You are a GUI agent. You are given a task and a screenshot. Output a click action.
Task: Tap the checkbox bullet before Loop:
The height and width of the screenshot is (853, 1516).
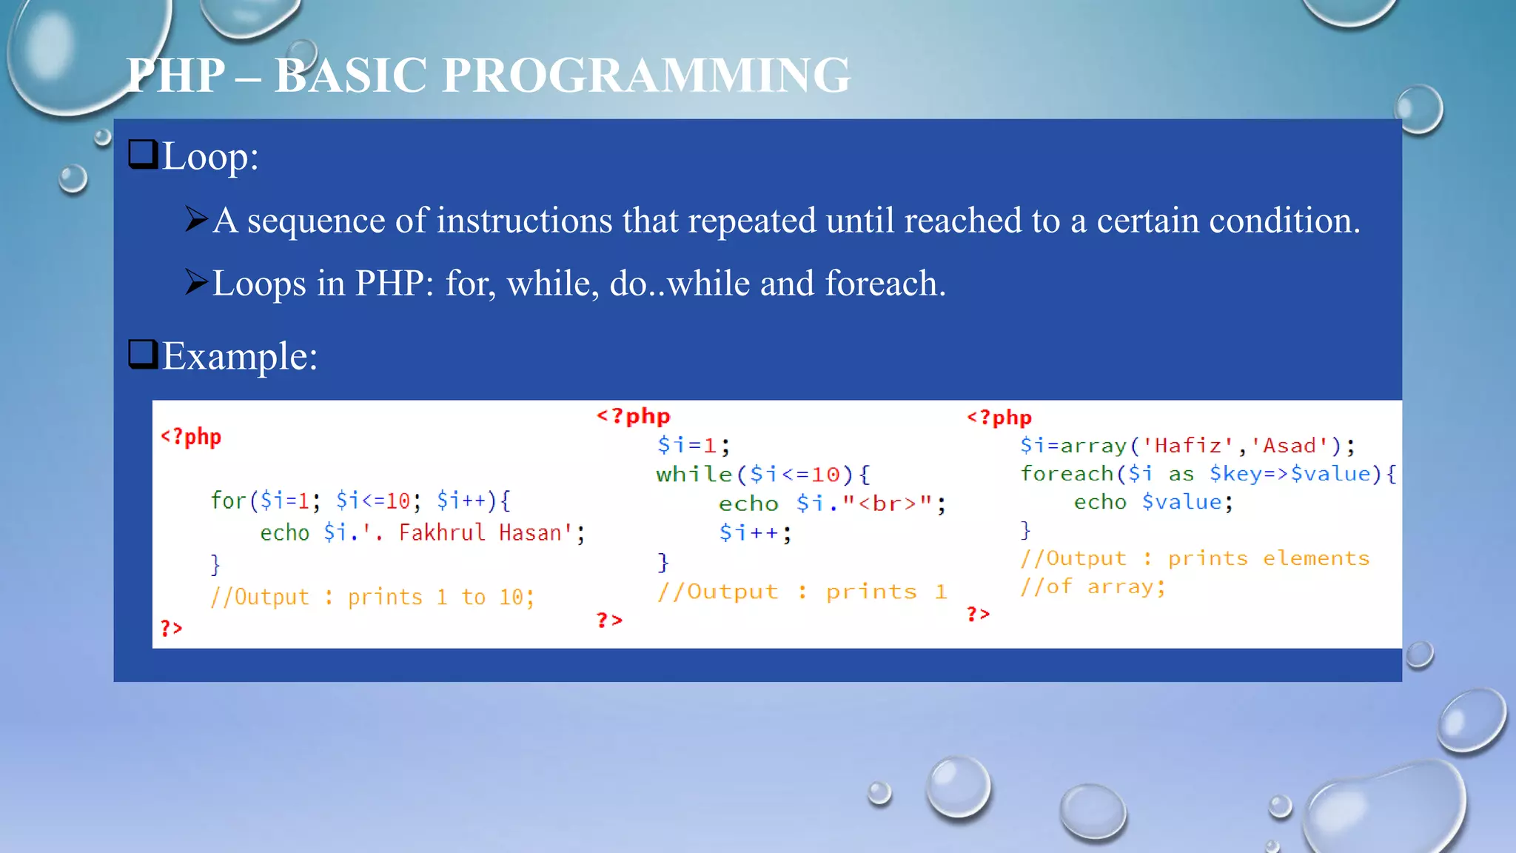pyautogui.click(x=143, y=155)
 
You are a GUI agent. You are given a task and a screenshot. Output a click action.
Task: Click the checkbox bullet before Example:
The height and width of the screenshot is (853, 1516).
pyautogui.click(x=143, y=354)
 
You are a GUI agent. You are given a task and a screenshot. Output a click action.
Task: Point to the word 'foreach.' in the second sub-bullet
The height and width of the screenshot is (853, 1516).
pyautogui.click(x=885, y=284)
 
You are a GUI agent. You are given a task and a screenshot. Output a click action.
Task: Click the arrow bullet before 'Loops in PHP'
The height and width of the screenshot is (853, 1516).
pyautogui.click(x=196, y=282)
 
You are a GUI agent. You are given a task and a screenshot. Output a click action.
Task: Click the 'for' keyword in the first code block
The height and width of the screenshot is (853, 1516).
pyautogui.click(x=228, y=501)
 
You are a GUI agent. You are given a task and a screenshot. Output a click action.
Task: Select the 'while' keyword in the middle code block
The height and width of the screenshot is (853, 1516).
pyautogui.click(x=694, y=474)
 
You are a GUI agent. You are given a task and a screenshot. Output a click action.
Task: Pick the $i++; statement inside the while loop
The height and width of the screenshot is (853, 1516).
pyautogui.click(x=755, y=532)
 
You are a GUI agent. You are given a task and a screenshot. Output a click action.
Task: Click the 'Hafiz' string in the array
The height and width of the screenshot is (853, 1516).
pyautogui.click(x=1187, y=446)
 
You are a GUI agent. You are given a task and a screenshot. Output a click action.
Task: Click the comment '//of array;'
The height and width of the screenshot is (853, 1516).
pyautogui.click(x=1093, y=587)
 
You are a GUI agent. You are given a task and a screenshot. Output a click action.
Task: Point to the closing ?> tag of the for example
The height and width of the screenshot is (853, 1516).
pyautogui.click(x=171, y=629)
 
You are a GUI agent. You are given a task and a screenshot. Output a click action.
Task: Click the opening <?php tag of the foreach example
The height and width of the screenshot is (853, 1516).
pyautogui.click(x=999, y=418)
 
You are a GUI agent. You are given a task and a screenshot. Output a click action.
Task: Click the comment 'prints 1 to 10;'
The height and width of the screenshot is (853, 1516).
pyautogui.click(x=440, y=597)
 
